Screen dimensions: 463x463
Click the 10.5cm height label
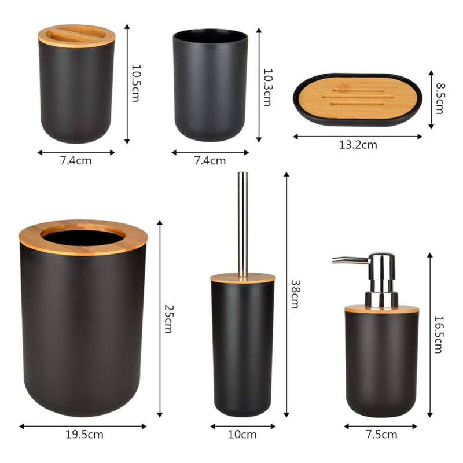click(135, 83)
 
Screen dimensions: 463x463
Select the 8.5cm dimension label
click(440, 98)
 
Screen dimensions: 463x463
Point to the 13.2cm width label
click(358, 145)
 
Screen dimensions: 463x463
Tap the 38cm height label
click(295, 293)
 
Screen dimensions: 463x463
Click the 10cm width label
click(242, 435)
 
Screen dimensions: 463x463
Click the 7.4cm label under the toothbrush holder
click(76, 161)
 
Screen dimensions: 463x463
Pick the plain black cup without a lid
click(210, 87)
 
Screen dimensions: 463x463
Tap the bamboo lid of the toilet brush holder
click(242, 278)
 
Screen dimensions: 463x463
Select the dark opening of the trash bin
click(82, 235)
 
